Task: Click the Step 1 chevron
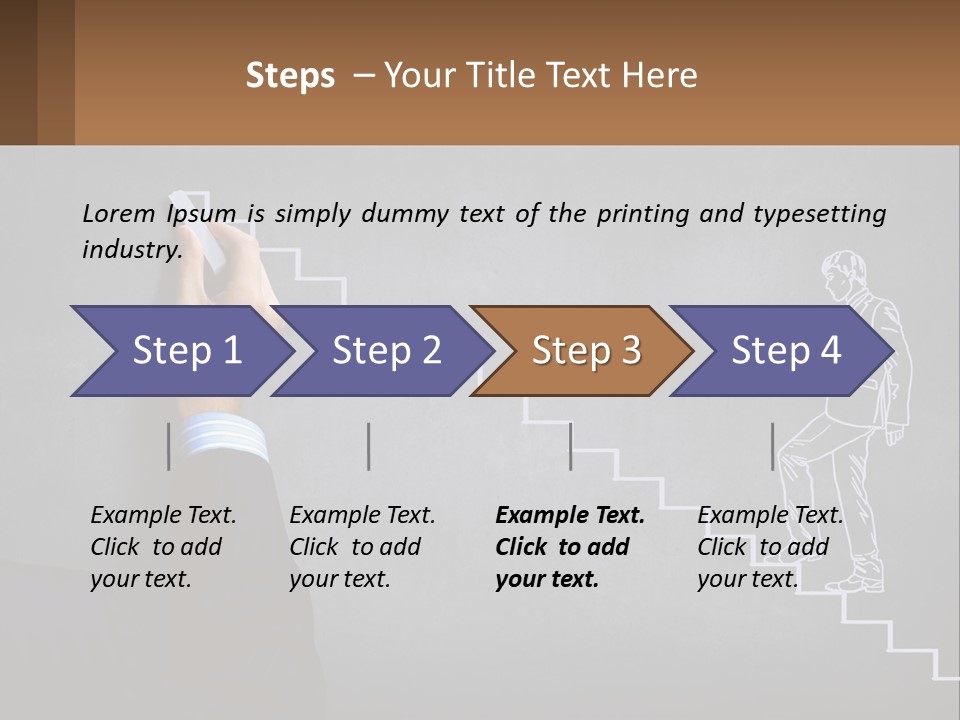click(180, 351)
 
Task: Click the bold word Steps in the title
click(290, 76)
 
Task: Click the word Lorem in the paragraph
click(119, 213)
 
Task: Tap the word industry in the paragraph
click(131, 250)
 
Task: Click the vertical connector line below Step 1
click(169, 446)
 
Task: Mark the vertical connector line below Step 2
click(369, 446)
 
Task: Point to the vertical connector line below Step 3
click(570, 446)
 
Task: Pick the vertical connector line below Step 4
click(772, 446)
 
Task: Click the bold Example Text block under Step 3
click(569, 547)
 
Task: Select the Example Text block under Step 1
click(163, 547)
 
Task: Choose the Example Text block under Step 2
click(362, 547)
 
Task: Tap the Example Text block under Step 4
click(769, 547)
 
